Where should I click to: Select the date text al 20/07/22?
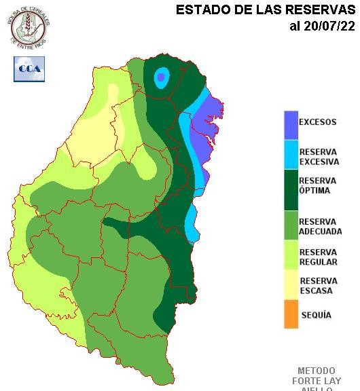[x=322, y=26]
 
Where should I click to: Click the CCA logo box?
[x=29, y=69]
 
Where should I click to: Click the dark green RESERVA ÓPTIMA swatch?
[x=291, y=190]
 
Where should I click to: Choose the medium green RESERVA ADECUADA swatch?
[x=291, y=226]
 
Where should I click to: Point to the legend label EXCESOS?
[x=318, y=123]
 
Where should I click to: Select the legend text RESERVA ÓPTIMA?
[x=318, y=185]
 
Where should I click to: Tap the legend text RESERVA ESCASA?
[x=318, y=286]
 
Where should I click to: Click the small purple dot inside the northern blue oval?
[x=160, y=77]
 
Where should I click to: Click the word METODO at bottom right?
[x=316, y=371]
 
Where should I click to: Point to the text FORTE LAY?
[x=317, y=381]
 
